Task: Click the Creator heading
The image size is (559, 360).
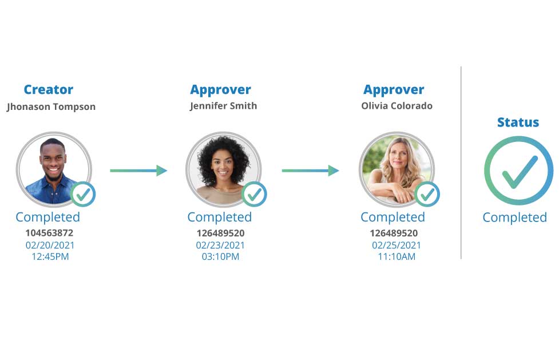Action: [49, 89]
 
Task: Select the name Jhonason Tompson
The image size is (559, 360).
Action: [51, 106]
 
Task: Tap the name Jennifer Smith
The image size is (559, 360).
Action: [224, 106]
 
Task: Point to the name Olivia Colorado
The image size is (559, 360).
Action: [397, 106]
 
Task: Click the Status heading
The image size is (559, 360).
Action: [518, 122]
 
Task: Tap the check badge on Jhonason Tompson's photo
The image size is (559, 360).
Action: [83, 195]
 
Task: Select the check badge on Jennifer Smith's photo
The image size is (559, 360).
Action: [254, 195]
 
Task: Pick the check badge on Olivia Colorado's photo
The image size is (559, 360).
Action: [427, 195]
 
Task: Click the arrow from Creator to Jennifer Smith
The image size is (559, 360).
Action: [138, 171]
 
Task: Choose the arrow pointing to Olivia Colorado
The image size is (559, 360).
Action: [310, 171]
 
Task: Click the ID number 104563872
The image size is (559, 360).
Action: [50, 233]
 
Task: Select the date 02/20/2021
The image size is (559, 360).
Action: [50, 245]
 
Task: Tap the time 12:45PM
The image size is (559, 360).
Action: [50, 256]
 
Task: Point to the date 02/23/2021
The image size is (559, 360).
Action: [220, 245]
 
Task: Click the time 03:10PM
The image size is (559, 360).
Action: [220, 256]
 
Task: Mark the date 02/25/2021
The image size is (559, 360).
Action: [397, 245]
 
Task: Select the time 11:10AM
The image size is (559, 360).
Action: [397, 256]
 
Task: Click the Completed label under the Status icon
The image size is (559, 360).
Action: [515, 217]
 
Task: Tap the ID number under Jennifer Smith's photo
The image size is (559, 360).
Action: [221, 234]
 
